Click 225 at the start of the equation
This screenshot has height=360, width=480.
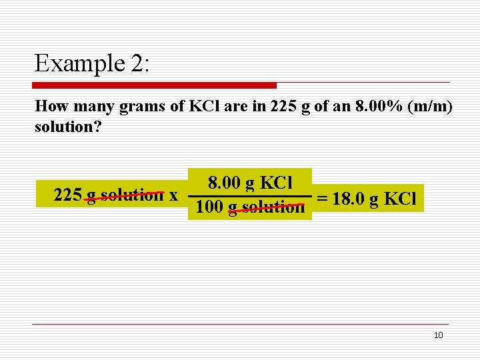[x=68, y=195]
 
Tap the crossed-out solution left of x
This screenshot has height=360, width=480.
[x=133, y=195]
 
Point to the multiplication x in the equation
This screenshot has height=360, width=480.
[x=173, y=195]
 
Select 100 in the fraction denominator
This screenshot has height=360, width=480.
[x=209, y=207]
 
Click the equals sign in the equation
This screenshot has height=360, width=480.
[x=322, y=199]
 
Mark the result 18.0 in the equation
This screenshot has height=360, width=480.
[x=347, y=199]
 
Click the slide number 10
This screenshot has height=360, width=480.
[x=438, y=335]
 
